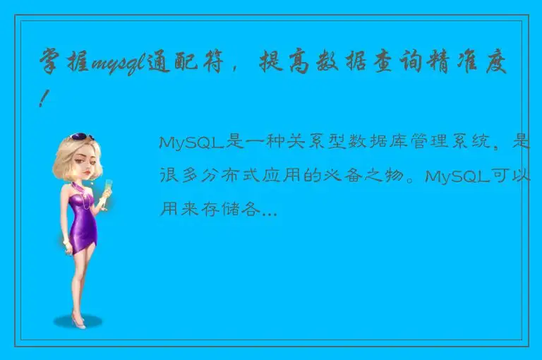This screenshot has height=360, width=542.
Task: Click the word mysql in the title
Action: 116,66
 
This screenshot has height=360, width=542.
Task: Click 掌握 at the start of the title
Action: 64,66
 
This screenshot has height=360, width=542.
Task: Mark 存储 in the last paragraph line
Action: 227,208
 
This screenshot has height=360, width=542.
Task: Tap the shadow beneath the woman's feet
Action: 78,324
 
